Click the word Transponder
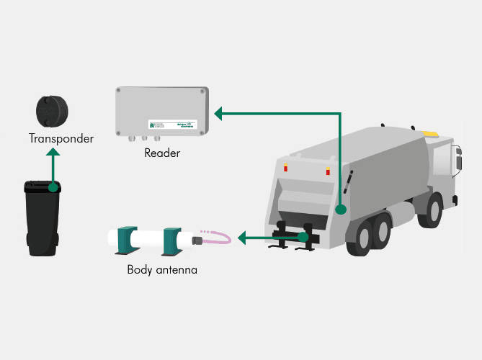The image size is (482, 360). click(x=61, y=138)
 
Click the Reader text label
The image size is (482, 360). click(x=162, y=153)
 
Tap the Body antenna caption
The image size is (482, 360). click(x=162, y=271)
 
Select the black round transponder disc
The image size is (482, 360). click(x=52, y=111)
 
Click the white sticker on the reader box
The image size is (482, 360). click(x=173, y=125)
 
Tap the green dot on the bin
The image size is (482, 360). click(x=53, y=187)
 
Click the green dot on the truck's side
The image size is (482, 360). click(x=342, y=210)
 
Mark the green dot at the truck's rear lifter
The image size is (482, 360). click(x=305, y=236)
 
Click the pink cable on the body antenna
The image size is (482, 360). click(x=217, y=236)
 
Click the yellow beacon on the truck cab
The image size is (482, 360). click(x=430, y=132)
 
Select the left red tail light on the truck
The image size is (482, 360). click(x=285, y=167)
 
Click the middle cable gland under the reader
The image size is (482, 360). click(x=145, y=138)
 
